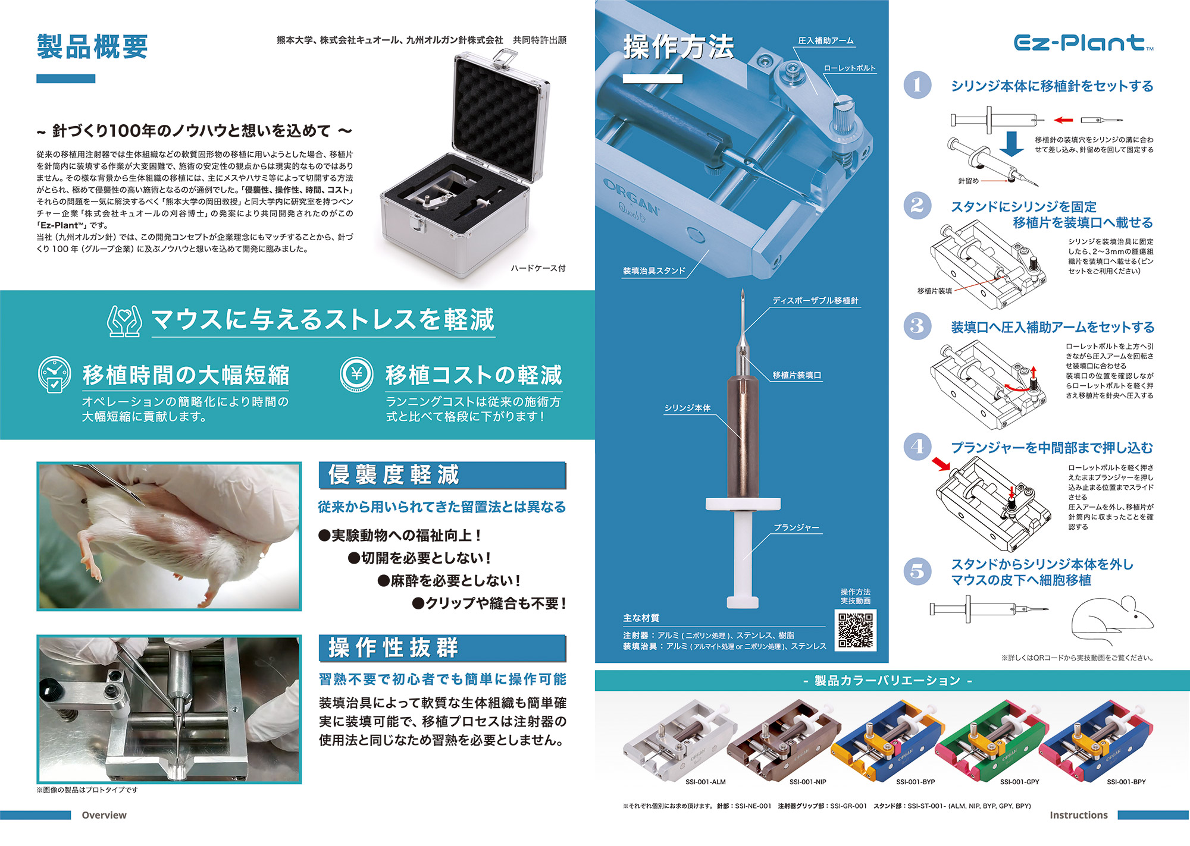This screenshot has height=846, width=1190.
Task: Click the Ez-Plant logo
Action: tap(1083, 43)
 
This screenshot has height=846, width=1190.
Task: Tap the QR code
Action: tap(856, 630)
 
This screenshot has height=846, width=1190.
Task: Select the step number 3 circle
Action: tap(917, 326)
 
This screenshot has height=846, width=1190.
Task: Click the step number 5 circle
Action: tap(917, 571)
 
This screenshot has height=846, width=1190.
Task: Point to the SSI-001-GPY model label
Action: tap(1019, 782)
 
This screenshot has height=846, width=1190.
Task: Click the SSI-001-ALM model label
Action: tap(705, 782)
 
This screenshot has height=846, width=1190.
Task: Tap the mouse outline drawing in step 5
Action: tap(1112, 618)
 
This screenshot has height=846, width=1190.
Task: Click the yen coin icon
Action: tap(356, 374)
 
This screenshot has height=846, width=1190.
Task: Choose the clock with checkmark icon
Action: tap(54, 375)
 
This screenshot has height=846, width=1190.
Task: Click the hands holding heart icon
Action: tap(124, 320)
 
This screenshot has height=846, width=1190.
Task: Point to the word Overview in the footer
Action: tap(104, 815)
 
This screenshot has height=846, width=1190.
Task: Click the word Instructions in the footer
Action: tap(1079, 815)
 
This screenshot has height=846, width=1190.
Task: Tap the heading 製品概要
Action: tap(92, 46)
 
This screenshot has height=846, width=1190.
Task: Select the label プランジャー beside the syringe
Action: tap(797, 527)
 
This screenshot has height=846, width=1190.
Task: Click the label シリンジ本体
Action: tap(687, 408)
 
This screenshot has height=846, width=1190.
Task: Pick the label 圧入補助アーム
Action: tap(826, 40)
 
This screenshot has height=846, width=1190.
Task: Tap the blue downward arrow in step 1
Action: tap(1011, 143)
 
